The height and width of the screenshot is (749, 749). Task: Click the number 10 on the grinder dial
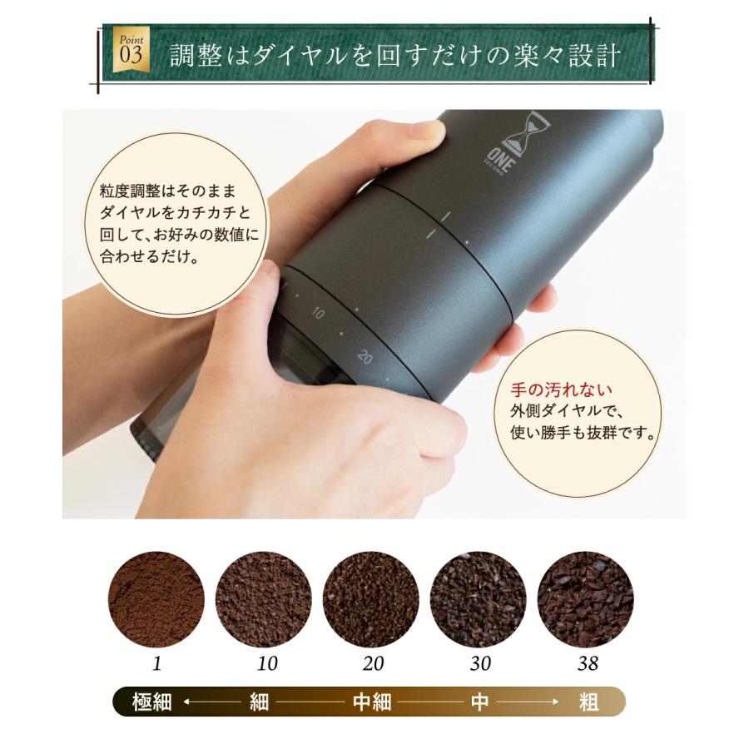(x=318, y=313)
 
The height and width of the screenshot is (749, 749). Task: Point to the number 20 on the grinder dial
(x=365, y=357)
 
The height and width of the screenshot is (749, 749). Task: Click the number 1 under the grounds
(x=156, y=665)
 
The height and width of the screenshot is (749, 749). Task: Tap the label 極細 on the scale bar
(x=152, y=702)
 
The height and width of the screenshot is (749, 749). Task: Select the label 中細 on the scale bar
(x=371, y=702)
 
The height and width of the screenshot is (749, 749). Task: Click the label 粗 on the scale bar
(x=588, y=702)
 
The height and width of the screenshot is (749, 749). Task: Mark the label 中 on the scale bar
(x=479, y=702)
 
